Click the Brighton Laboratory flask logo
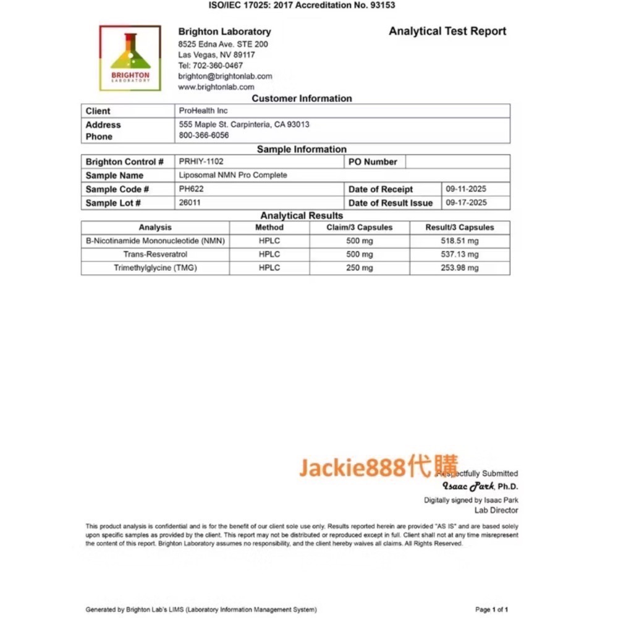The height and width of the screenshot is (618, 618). coord(130,58)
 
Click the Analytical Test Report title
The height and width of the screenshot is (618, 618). coord(447,32)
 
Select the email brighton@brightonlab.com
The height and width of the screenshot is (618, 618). coord(225,76)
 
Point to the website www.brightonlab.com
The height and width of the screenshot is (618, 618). coord(216,87)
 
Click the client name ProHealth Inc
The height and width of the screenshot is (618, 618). coord(203,111)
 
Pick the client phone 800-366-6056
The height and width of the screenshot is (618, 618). coord(204,135)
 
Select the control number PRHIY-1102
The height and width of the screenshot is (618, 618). coord(201,161)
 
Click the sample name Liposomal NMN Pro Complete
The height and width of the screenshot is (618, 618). coord(233,175)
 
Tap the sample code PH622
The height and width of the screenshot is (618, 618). coord(191,188)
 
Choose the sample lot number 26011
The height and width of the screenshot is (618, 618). coord(190,202)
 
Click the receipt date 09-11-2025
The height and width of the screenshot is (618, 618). coord(466,188)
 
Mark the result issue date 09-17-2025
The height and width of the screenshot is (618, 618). coord(466,202)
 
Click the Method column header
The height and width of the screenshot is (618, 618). coord(269,227)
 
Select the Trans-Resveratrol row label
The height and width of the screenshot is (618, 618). coord(155,254)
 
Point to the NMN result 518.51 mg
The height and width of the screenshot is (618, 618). coord(459,241)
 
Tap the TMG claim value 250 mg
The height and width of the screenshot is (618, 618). coord(359,268)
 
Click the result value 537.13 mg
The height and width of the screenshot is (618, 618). coord(459,254)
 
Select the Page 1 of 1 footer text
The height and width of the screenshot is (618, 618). coord(492,609)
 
